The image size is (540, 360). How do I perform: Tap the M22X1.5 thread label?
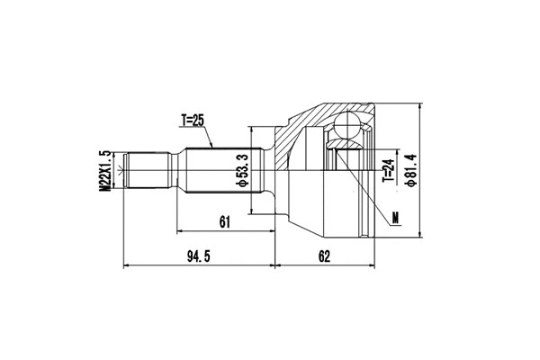click(105, 170)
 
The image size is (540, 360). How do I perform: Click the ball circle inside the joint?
click(348, 126)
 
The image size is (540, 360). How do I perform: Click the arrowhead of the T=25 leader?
click(211, 146)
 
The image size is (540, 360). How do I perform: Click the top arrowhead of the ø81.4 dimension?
click(420, 105)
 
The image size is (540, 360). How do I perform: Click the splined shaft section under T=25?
click(220, 172)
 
